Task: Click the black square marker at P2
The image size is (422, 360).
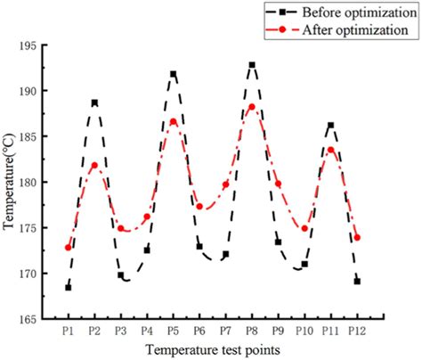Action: point(94,102)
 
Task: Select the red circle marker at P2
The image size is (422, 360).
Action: point(94,165)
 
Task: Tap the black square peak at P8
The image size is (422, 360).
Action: point(252,65)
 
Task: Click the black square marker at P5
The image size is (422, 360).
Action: point(174,74)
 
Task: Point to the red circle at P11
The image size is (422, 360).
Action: point(330,150)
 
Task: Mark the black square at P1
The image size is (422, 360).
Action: point(68,287)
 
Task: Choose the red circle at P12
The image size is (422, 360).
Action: point(357,237)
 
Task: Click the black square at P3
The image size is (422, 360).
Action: point(121,275)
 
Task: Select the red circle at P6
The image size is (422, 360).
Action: point(199,206)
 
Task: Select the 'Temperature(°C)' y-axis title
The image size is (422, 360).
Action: point(9,182)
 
